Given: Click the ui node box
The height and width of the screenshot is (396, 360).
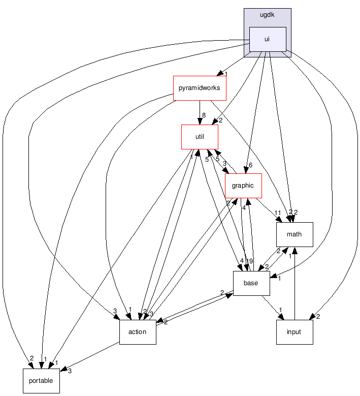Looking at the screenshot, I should coord(267,39).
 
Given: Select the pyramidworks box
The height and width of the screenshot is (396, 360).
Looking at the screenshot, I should coord(200,88).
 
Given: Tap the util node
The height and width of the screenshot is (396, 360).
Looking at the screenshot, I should coord(200,137).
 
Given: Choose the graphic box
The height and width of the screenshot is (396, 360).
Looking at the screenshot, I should coord(243,186).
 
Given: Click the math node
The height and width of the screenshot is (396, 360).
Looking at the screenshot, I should coord(294,234).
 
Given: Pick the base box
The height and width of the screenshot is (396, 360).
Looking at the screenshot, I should coord(251,283).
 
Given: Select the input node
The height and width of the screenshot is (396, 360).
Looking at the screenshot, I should coord(294,332).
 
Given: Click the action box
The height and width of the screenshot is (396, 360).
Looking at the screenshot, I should coord(137,332).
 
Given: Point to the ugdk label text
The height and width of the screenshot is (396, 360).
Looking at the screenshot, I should coord(267,15).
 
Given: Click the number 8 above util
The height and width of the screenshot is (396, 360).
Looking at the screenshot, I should coord(204,115).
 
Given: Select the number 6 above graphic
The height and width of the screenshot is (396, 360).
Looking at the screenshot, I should coord(250,165).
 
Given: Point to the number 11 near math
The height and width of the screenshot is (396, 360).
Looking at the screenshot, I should coord(277,213).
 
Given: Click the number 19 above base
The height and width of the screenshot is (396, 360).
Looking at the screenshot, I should coord(249,262).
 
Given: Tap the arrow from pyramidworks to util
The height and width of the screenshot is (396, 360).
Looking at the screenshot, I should coord(200,112).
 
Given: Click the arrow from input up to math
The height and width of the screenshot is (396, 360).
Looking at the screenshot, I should coord(294,285).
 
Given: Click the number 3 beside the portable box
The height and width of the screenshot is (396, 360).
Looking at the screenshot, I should coord(70,371).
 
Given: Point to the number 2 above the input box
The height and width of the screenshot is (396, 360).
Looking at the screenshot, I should coord(318,317).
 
